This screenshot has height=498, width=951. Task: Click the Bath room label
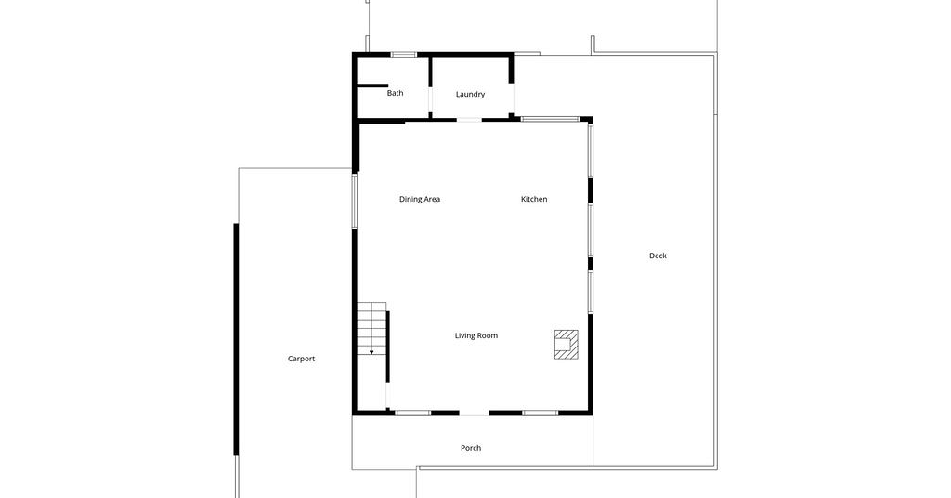(395, 93)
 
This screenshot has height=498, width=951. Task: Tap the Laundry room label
(470, 94)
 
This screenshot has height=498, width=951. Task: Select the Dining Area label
(420, 199)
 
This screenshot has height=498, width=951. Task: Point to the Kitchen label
(534, 199)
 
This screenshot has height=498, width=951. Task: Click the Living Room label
(476, 335)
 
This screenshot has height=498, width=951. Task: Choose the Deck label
(658, 256)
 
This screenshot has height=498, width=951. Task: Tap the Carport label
(302, 359)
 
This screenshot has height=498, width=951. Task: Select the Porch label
(471, 448)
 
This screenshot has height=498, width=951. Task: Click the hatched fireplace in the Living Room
(566, 345)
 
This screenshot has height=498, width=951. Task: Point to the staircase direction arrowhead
(371, 352)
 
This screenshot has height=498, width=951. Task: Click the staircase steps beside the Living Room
(371, 328)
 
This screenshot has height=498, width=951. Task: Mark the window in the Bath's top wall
(403, 55)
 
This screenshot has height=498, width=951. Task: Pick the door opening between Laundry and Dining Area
(469, 120)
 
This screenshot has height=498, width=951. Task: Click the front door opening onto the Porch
(475, 413)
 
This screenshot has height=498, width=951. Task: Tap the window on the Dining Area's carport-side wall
(354, 202)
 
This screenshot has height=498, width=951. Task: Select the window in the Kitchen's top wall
(550, 119)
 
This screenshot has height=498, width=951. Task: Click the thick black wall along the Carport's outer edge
(236, 339)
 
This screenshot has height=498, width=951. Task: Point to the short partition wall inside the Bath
(372, 86)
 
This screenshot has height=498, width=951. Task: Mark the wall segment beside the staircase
(388, 347)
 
